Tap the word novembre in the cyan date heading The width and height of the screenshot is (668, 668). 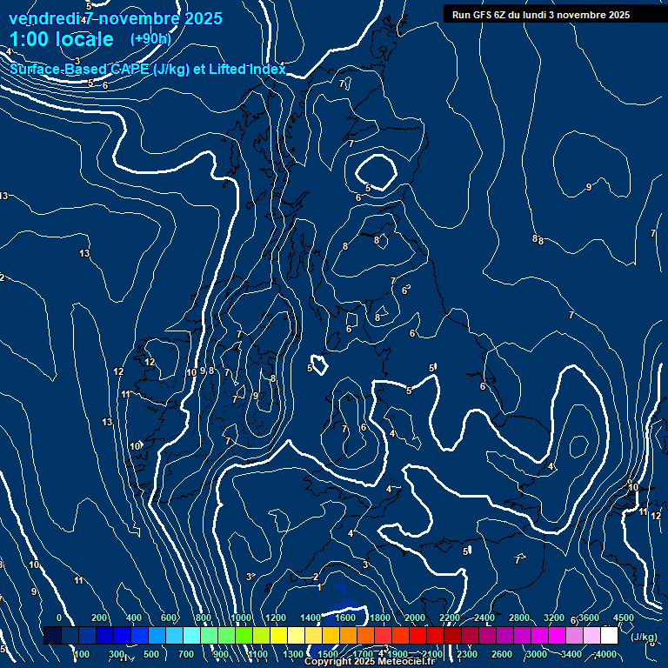(x=138, y=17)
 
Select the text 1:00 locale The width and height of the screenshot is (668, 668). (x=61, y=39)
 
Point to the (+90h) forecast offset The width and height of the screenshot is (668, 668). (x=150, y=38)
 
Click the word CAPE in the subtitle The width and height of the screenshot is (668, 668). (x=128, y=70)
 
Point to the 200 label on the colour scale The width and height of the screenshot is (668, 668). (x=98, y=618)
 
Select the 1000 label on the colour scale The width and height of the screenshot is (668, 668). (x=241, y=618)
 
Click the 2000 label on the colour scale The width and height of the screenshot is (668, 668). (x=415, y=618)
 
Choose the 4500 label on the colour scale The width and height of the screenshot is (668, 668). (x=624, y=618)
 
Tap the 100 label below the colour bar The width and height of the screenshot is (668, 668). (x=82, y=654)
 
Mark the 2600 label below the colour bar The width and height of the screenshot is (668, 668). (x=501, y=654)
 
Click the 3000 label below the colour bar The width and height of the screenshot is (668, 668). (x=536, y=654)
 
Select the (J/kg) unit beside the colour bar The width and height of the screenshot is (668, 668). (x=644, y=638)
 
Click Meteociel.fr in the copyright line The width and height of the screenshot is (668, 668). (x=406, y=662)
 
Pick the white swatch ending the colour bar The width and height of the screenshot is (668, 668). (x=609, y=636)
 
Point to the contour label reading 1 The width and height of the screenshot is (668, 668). (x=319, y=587)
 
